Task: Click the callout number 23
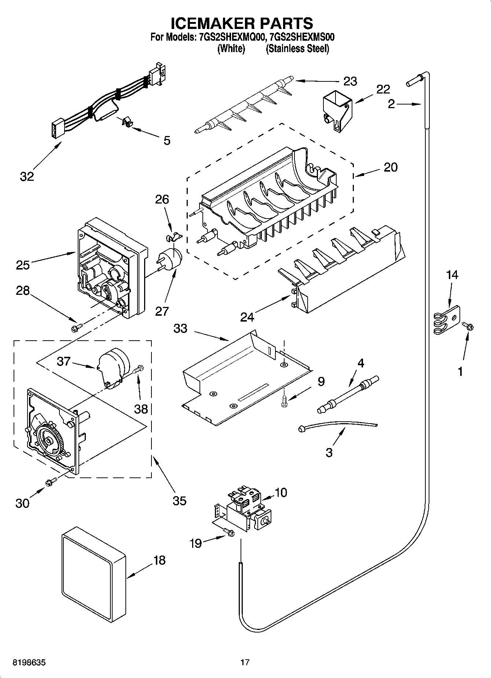click(x=350, y=81)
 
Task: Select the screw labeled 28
click(x=77, y=326)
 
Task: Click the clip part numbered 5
click(x=127, y=122)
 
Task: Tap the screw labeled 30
click(x=51, y=482)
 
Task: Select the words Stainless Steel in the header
click(x=297, y=49)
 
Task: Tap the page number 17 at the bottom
click(x=245, y=662)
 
